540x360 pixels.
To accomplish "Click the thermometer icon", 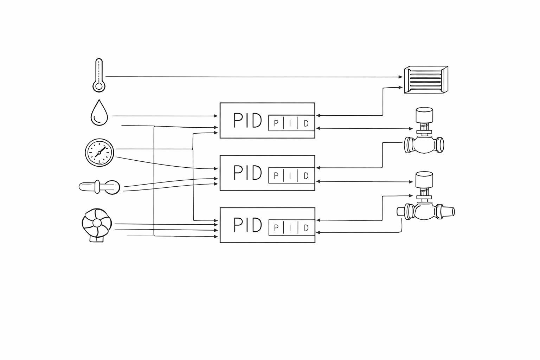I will pos(99,75).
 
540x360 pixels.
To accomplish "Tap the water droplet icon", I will pos(99,113).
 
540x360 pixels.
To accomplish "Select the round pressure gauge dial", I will pos(99,152).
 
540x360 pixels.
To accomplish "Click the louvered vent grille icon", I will pos(426,80).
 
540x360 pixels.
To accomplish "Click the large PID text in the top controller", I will pos(247,121).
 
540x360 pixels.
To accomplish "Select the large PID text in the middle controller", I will pos(247,173).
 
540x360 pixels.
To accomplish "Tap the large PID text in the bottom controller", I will pos(247,225).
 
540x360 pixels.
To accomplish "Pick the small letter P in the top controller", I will pos(276,123).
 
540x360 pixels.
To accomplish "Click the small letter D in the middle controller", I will pos(306,176).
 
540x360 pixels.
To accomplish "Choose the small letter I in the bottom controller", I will pos(290,228).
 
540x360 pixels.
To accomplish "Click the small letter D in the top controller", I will pos(306,123).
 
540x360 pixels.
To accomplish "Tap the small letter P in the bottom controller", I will pos(276,228).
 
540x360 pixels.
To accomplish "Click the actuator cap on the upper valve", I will pos(424,115).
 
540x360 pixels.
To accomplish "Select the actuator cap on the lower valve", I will pos(424,179).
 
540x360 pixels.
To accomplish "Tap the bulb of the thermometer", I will pos(99,86).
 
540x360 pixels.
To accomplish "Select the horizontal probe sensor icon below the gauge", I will pos(99,187).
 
